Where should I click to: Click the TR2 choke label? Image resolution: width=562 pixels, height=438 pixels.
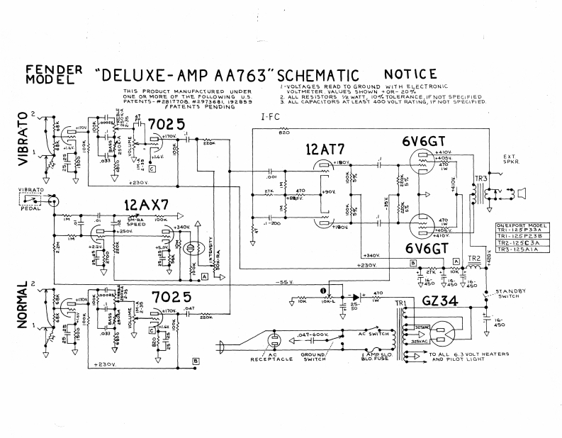pos(474,257)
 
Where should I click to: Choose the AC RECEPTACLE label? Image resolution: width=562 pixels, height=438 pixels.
pos(274,356)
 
